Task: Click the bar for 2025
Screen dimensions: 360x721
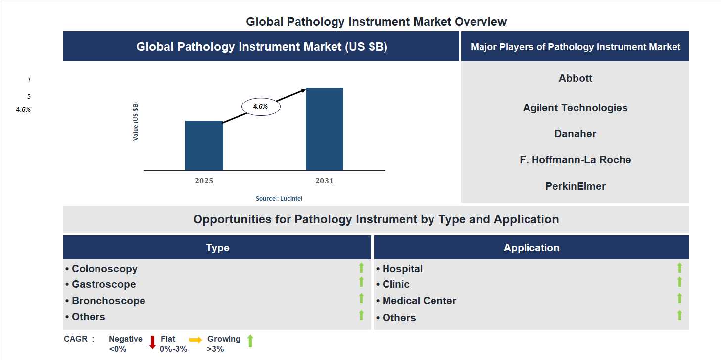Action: (204, 146)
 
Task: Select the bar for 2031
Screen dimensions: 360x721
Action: (325, 129)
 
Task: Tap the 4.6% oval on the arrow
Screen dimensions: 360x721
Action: (261, 106)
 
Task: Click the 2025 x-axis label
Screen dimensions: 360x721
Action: (204, 181)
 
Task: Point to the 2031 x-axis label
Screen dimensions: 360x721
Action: (325, 181)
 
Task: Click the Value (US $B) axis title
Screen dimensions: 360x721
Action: (136, 121)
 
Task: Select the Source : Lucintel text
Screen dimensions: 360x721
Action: (279, 198)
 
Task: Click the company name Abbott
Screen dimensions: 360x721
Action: (575, 78)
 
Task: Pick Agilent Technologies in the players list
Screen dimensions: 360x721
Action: (575, 108)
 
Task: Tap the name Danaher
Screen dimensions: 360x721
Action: (575, 134)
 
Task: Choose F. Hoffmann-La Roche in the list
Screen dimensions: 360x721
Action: (575, 160)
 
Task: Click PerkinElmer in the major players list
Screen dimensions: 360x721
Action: (575, 186)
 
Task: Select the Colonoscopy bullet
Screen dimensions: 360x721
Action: (104, 269)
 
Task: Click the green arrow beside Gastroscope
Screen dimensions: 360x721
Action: (361, 282)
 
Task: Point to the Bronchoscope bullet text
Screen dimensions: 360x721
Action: (108, 301)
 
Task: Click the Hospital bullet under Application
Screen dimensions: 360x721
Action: (402, 269)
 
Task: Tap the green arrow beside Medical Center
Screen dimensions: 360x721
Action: (679, 298)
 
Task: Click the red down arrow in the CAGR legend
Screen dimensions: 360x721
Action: (152, 342)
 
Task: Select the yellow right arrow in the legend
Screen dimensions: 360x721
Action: (195, 340)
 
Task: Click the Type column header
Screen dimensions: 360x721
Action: (217, 248)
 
